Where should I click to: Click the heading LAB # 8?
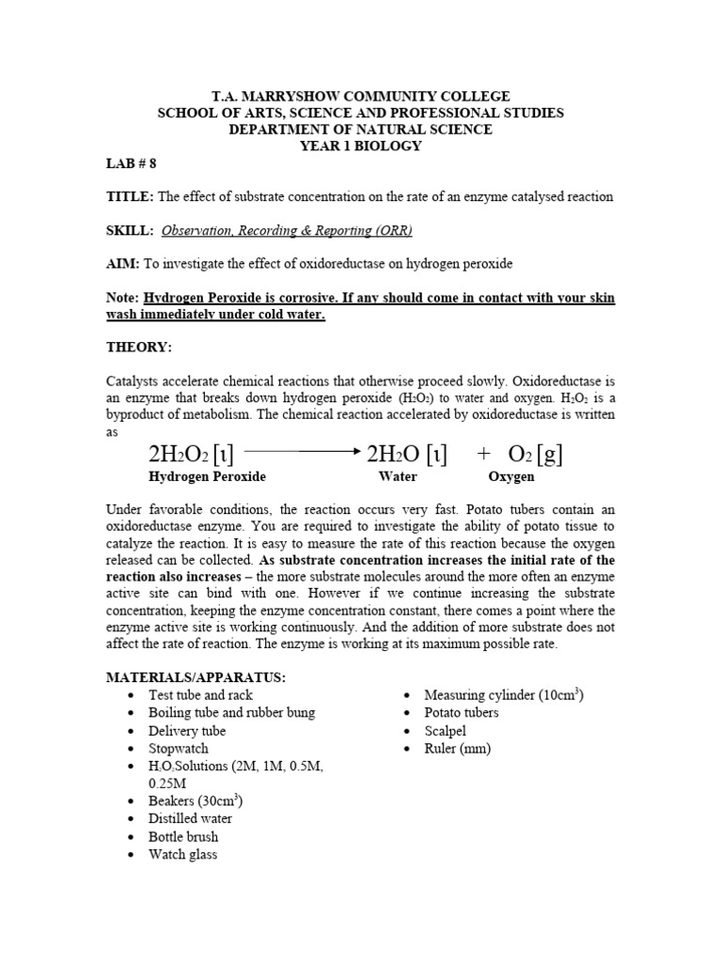132,163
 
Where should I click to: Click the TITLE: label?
130,196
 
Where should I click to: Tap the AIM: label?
123,264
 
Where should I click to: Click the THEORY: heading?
138,348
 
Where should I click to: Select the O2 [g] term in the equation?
535,455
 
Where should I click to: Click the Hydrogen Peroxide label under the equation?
207,477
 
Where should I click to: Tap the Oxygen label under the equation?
510,477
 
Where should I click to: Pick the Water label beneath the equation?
397,477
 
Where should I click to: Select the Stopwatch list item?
179,749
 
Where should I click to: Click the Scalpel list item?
447,731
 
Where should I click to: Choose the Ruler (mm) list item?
458,749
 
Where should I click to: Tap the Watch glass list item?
182,855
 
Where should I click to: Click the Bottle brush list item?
183,836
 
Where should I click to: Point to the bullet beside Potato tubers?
405,713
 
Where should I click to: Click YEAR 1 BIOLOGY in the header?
360,146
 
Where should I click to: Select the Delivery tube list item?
187,731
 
